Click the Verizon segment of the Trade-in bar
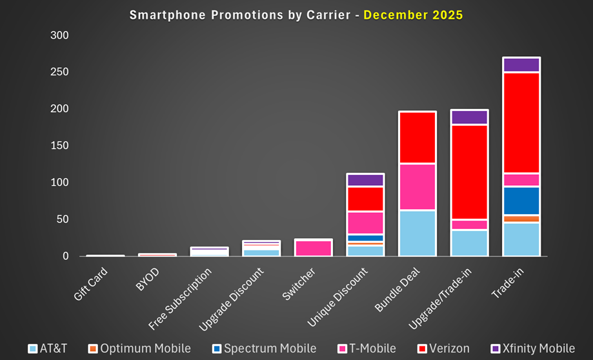click(x=521, y=123)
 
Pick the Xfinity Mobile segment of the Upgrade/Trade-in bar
click(x=468, y=117)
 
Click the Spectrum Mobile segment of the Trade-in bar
click(x=521, y=201)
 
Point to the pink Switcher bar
click(x=313, y=248)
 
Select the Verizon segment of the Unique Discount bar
click(x=365, y=199)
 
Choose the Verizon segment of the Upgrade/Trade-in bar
click(x=468, y=172)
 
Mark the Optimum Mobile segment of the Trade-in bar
click(x=521, y=219)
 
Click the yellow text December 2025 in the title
click(x=413, y=14)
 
